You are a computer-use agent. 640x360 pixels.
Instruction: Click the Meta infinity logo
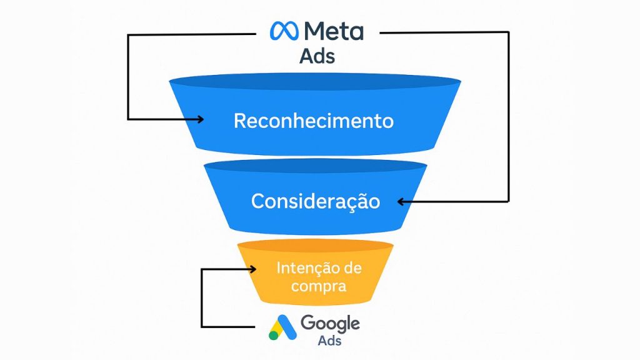point(283,31)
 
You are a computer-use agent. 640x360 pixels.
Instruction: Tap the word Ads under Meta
point(317,56)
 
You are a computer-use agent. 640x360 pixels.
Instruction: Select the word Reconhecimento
point(314,121)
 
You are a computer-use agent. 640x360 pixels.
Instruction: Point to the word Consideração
point(316,201)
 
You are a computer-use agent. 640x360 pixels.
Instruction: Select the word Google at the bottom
point(330,323)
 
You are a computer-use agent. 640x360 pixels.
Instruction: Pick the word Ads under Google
point(329,341)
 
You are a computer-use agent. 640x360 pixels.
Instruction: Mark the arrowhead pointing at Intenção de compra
point(252,269)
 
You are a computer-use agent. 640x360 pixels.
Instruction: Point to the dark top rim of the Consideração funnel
point(315,166)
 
